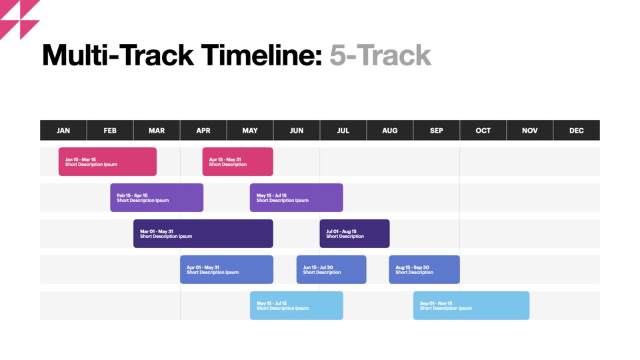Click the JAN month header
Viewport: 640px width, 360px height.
(63, 130)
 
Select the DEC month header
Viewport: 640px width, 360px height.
(576, 130)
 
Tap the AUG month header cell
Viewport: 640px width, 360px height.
(390, 130)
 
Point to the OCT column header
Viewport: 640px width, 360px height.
(483, 130)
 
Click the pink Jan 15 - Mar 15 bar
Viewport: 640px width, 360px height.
(107, 161)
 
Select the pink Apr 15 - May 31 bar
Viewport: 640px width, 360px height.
(237, 161)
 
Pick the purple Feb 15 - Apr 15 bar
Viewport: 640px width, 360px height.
(157, 197)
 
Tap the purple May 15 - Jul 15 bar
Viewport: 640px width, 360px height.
(296, 197)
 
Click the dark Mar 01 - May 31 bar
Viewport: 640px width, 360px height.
(203, 233)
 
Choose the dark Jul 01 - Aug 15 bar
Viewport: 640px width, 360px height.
(354, 233)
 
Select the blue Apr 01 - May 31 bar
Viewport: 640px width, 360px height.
(227, 269)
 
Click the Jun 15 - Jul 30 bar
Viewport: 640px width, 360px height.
(331, 269)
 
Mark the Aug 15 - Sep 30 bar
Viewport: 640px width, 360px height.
(424, 269)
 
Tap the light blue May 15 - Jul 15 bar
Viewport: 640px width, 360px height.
(296, 305)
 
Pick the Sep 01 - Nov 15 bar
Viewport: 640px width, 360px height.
(471, 305)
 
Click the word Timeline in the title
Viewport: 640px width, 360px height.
(261, 55)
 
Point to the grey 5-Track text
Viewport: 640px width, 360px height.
(380, 55)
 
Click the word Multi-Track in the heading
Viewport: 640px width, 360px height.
(118, 55)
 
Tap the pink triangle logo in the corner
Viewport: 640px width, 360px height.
(19, 19)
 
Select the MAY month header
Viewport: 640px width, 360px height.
(250, 130)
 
